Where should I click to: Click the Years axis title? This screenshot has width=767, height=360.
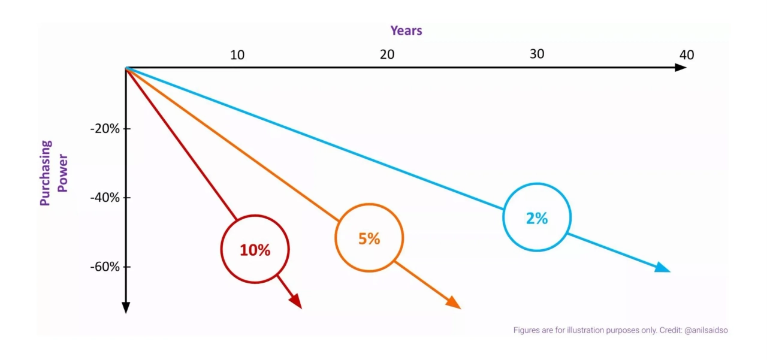(x=406, y=31)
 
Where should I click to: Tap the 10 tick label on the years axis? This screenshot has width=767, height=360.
(x=237, y=55)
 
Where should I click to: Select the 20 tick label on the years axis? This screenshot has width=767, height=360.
(x=387, y=55)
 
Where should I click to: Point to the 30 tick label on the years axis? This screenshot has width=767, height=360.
(x=537, y=54)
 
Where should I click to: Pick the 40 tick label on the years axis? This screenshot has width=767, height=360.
(x=687, y=55)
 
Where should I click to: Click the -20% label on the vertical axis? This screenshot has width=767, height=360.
(x=105, y=129)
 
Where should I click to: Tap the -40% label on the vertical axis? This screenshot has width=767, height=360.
(x=105, y=198)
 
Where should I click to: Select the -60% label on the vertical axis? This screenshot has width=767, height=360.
(x=105, y=267)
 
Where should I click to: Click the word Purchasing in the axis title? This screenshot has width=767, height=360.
(x=46, y=173)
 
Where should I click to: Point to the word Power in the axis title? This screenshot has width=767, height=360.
(x=62, y=173)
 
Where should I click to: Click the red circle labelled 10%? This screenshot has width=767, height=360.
(x=255, y=249)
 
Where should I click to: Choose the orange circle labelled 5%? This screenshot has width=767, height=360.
(x=369, y=238)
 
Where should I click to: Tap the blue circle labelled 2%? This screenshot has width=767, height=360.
(x=537, y=217)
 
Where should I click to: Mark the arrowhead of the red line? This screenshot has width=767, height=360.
(x=295, y=301)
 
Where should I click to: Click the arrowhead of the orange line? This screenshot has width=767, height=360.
(x=454, y=302)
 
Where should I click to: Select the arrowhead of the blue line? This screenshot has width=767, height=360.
(x=663, y=268)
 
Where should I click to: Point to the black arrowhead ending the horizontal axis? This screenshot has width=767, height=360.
(x=680, y=67)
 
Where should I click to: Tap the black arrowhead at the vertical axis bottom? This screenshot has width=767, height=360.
(x=126, y=307)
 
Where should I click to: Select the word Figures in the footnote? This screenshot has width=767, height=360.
(x=527, y=330)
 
